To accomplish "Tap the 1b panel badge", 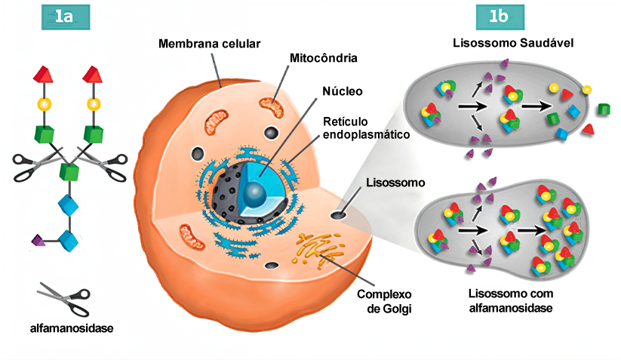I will tap(498, 17).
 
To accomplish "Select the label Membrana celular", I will tap(209, 44).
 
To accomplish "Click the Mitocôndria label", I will tap(323, 58).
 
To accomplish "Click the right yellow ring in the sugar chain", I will tap(94, 103).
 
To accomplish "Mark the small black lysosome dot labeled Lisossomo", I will tap(337, 216).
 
